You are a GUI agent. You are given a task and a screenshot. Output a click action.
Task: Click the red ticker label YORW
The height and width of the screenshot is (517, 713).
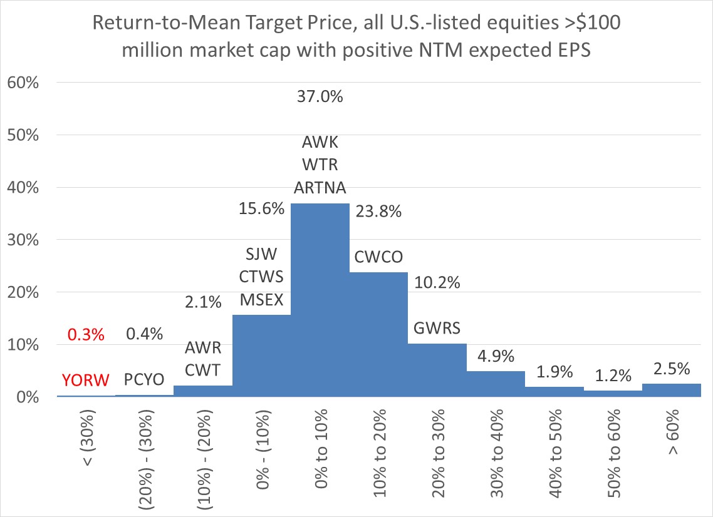pos(86,380)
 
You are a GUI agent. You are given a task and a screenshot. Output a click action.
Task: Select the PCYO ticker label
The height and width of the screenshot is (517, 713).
pos(145,380)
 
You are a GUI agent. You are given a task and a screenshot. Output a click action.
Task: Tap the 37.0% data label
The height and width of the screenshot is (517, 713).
pos(320,98)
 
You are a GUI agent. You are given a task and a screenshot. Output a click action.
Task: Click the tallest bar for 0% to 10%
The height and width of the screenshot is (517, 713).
pos(320,300)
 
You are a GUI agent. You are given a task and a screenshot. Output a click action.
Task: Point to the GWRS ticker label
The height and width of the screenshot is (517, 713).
pos(437,327)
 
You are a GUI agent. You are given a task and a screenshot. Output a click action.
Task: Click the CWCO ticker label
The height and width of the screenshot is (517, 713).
pos(378,258)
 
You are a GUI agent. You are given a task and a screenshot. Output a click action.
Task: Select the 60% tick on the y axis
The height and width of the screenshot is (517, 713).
pos(23,83)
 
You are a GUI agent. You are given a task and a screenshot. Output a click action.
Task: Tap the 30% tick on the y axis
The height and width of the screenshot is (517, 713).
pos(23,240)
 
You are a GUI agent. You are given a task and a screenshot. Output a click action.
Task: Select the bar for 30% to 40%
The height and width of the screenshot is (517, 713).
pos(496,384)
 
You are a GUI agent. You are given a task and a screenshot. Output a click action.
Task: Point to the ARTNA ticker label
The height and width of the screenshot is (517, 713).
pos(320,188)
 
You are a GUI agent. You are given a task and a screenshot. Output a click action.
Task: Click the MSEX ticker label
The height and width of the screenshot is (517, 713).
pos(261,300)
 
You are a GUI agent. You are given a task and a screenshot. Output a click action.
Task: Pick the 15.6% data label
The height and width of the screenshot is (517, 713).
pos(261,208)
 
